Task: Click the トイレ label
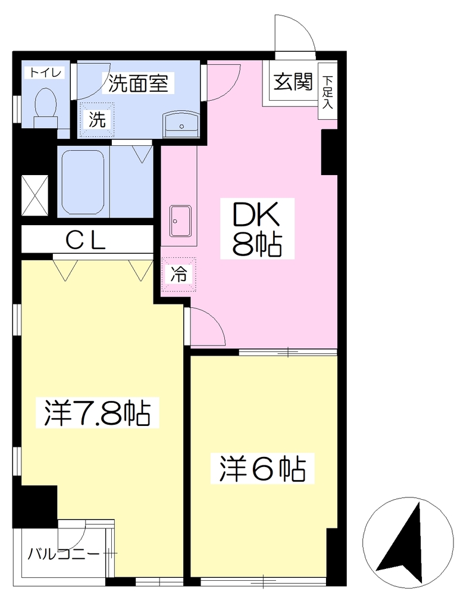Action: [45, 73]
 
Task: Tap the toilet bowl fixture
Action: [46, 108]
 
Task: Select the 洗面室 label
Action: [138, 83]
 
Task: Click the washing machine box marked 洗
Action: [97, 119]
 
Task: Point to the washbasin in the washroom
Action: [181, 123]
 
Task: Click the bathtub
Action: [83, 182]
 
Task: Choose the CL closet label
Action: [85, 242]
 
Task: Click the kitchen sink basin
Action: [180, 221]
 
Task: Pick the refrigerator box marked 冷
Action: [178, 274]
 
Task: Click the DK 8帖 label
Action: [257, 229]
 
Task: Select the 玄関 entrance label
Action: [293, 82]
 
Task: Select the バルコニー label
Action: [63, 553]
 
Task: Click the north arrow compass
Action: [408, 541]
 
